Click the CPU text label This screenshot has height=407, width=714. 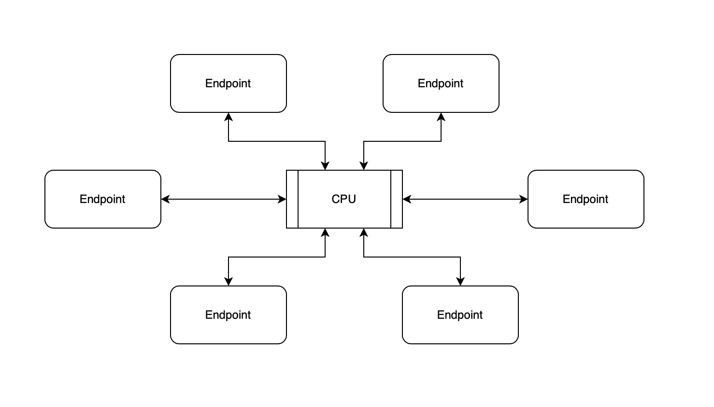pyautogui.click(x=343, y=199)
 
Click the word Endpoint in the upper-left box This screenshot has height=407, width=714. pyautogui.click(x=228, y=83)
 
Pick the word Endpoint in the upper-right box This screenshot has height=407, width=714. pyautogui.click(x=441, y=83)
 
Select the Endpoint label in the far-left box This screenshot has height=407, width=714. pyautogui.click(x=102, y=199)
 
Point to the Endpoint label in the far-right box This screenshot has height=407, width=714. pyautogui.click(x=585, y=199)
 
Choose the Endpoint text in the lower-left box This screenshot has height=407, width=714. pyautogui.click(x=228, y=315)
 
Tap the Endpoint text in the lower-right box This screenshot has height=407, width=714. pyautogui.click(x=460, y=315)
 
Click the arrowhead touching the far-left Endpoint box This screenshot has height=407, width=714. pyautogui.click(x=165, y=199)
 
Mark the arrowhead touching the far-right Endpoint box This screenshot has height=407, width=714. pyautogui.click(x=524, y=199)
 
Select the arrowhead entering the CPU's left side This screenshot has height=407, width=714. pyautogui.click(x=282, y=199)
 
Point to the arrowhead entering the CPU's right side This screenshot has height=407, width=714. pyautogui.click(x=407, y=199)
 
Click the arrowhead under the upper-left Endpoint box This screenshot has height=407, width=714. pyautogui.click(x=228, y=117)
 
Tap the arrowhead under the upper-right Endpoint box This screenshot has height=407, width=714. pyautogui.click(x=441, y=117)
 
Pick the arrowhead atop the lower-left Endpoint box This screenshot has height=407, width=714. pyautogui.click(x=228, y=281)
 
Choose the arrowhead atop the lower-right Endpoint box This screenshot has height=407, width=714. pyautogui.click(x=460, y=281)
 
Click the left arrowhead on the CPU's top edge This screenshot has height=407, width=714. pyautogui.click(x=325, y=165)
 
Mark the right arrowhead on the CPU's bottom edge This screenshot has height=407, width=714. pyautogui.click(x=364, y=233)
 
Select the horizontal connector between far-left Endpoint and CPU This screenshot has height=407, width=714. pyautogui.click(x=223, y=199)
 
